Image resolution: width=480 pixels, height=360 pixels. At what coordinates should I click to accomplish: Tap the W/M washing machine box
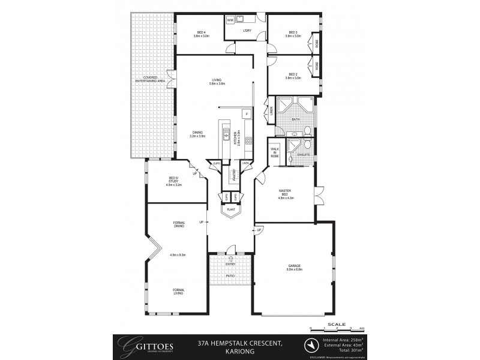click(230, 20)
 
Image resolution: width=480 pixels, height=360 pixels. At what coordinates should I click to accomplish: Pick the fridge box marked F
click(246, 113)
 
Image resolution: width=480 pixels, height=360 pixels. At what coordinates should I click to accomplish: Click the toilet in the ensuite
click(306, 145)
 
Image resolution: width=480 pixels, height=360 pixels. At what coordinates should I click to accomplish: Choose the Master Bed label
click(285, 194)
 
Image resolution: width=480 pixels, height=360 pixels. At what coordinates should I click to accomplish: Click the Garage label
click(294, 267)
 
